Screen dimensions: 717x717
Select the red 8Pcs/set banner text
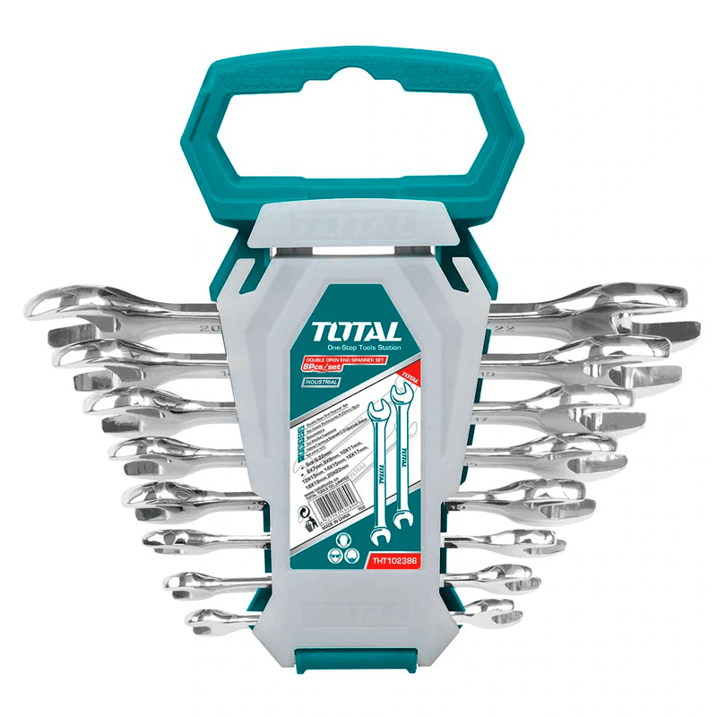click(322, 368)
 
